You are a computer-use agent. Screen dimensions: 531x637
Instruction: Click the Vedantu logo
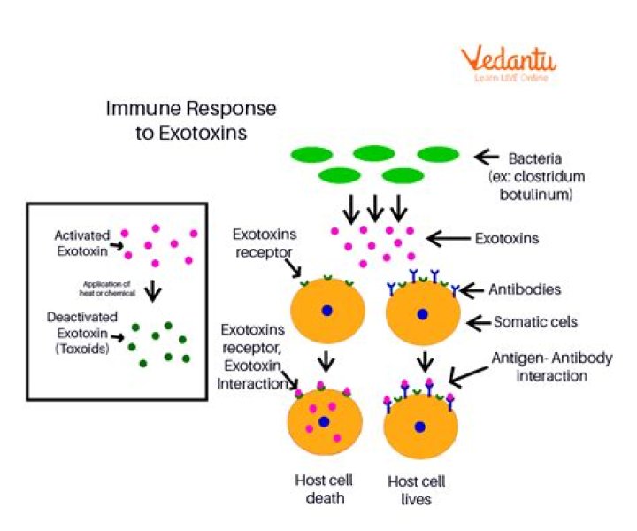pyautogui.click(x=507, y=65)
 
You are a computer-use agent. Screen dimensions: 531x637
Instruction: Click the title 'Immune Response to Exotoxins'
pyautogui.click(x=191, y=121)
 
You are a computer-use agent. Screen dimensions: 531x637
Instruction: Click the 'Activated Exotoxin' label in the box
pyautogui.click(x=82, y=242)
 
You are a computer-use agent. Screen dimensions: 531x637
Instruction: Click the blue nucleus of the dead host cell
pyautogui.click(x=325, y=422)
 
